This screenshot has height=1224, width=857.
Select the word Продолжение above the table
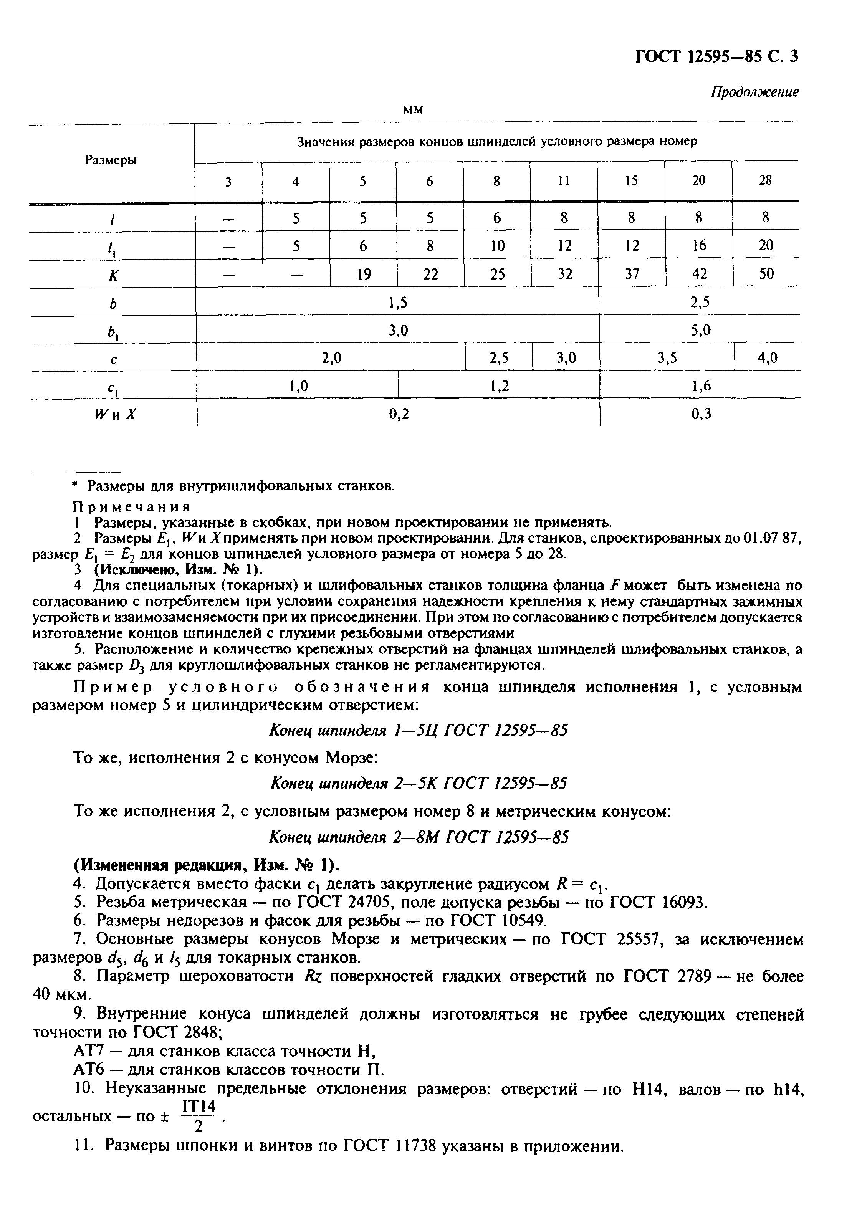point(754,92)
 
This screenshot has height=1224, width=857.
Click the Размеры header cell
point(111,160)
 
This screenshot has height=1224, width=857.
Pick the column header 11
point(564,181)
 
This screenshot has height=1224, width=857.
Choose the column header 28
point(765,181)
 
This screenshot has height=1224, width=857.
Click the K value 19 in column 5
point(364,275)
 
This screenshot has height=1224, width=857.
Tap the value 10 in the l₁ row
point(497,246)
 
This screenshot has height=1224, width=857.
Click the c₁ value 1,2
point(499,386)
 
